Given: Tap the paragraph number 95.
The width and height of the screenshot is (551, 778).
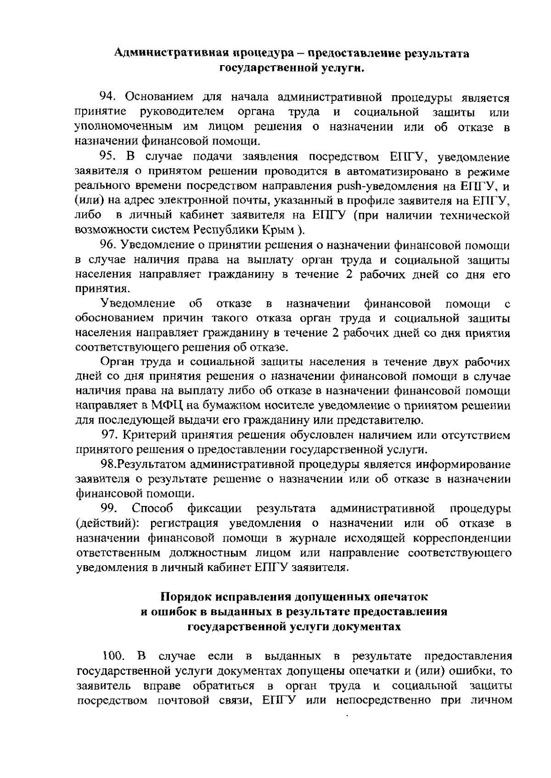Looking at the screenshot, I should click(109, 158).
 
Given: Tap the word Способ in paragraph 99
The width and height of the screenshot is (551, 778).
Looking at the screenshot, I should click(152, 509).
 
